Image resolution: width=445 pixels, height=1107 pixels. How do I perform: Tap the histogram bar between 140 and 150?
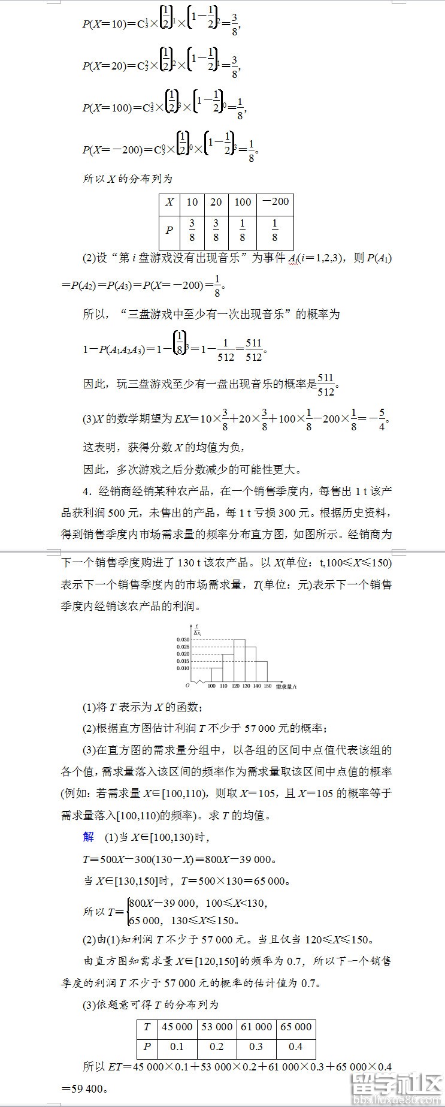pyautogui.click(x=262, y=671)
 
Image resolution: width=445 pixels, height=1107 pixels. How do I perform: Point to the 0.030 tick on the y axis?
pyautogui.click(x=183, y=640)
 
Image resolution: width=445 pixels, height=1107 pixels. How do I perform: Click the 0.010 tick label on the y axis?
pyautogui.click(x=183, y=668)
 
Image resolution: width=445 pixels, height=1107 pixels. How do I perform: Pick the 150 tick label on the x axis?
pyautogui.click(x=267, y=686)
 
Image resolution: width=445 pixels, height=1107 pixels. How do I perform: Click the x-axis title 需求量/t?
pyautogui.click(x=286, y=686)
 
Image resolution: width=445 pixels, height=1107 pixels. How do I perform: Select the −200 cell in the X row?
pyautogui.click(x=275, y=202)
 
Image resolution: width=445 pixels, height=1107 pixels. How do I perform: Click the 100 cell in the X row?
pyautogui.click(x=243, y=202)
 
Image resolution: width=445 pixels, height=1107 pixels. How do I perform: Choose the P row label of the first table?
pyautogui.click(x=169, y=230)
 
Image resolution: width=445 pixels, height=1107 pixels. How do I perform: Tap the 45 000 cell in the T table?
pyautogui.click(x=177, y=1027)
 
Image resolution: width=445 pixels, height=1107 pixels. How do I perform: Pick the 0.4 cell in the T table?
pyautogui.click(x=295, y=1046)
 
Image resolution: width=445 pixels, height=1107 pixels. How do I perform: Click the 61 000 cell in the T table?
pyautogui.click(x=256, y=1027)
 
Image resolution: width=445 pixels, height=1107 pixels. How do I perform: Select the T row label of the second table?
pyautogui.click(x=147, y=1027)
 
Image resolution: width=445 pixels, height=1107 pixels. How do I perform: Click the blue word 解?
pyautogui.click(x=89, y=837)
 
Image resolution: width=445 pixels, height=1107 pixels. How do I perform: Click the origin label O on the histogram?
pyautogui.click(x=187, y=684)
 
